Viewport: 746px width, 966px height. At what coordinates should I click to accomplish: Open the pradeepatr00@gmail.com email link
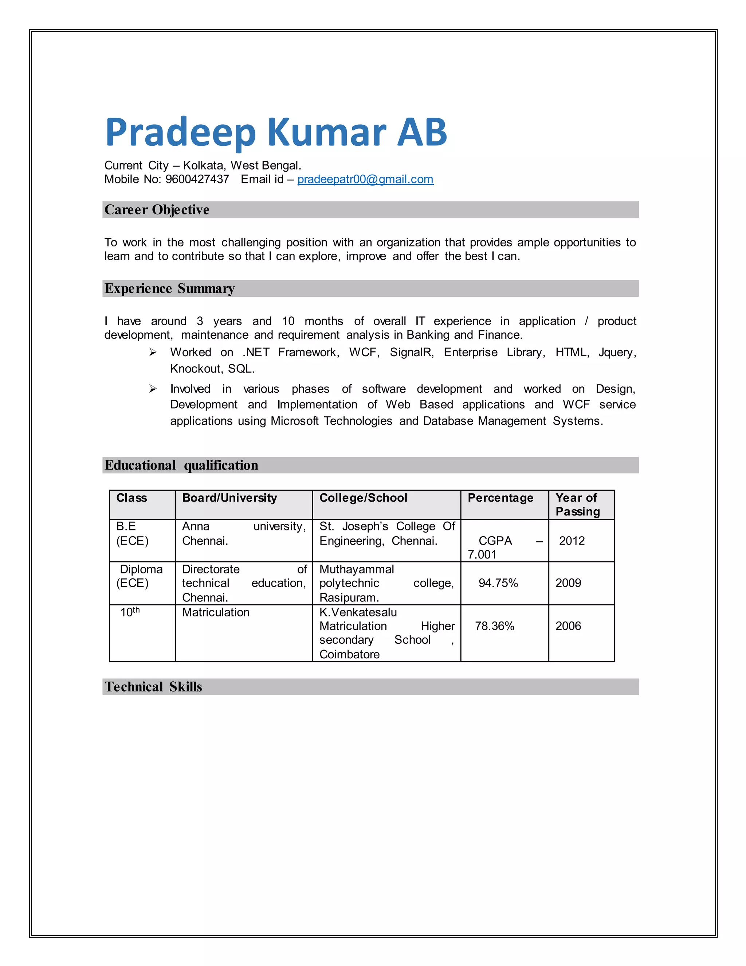point(365,179)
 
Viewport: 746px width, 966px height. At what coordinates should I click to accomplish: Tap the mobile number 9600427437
point(197,179)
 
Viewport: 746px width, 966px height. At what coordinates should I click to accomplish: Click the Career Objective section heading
point(157,210)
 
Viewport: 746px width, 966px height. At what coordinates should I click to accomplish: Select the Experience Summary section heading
point(169,288)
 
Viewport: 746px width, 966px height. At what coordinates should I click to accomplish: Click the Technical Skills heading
point(153,686)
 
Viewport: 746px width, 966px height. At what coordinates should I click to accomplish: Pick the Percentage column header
point(500,498)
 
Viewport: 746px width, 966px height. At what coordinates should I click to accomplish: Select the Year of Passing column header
point(577,504)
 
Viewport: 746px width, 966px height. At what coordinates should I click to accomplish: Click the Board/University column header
point(229,498)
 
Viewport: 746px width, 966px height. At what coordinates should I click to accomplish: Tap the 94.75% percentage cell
point(498,583)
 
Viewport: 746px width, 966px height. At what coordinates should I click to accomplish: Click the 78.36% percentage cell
point(495,626)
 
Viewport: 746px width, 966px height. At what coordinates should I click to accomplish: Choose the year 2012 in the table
point(572,541)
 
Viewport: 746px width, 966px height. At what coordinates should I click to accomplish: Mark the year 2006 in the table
point(568,626)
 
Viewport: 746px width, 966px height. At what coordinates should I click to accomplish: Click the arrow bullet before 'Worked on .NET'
point(153,352)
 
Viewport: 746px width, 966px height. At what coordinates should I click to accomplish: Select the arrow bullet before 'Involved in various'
point(153,389)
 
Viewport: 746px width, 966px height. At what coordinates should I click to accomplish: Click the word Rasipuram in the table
point(349,597)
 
